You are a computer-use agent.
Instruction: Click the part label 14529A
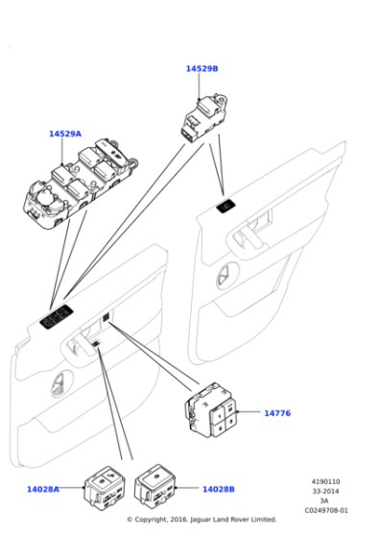pos(65,134)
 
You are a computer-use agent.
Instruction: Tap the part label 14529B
pos(202,69)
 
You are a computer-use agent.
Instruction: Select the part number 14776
pos(276,413)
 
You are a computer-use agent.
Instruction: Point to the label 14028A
pos(42,489)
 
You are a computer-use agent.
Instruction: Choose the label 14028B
pos(219,489)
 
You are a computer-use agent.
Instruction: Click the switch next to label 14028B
pos(155,483)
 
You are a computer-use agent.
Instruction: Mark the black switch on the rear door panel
pos(226,205)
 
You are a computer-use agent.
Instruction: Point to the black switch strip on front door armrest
pos(55,314)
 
